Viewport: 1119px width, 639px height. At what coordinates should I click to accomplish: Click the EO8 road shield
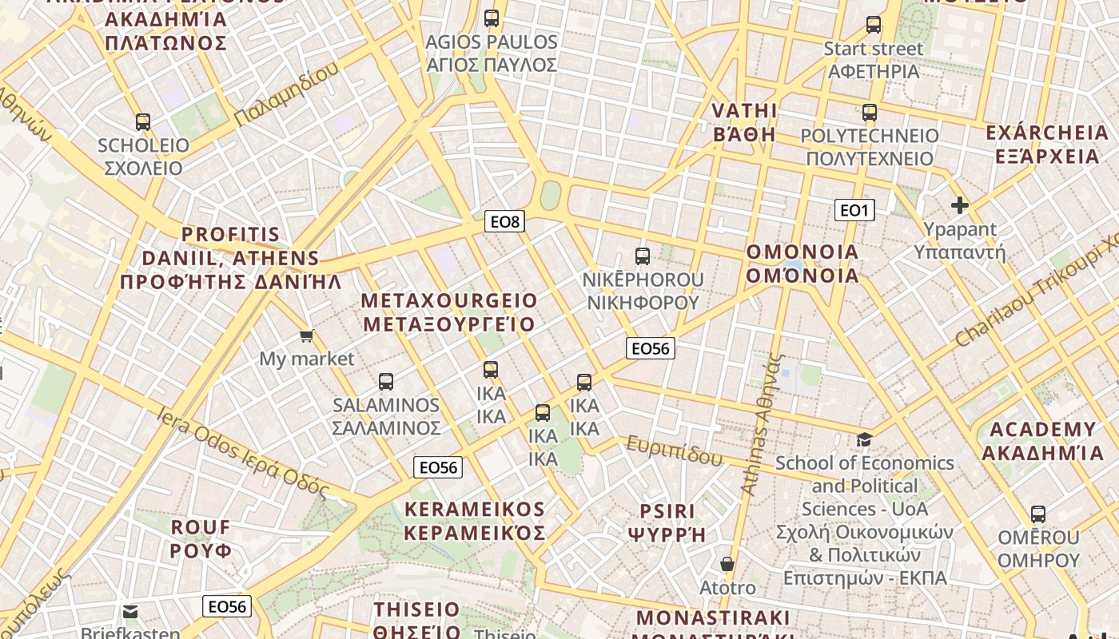504,221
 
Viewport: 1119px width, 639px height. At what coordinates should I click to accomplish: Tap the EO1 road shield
854,210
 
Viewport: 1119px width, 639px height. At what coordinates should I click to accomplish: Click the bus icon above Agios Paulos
492,18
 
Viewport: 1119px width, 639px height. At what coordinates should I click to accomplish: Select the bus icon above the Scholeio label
143,122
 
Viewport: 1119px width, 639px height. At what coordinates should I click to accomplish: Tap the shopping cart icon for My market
306,336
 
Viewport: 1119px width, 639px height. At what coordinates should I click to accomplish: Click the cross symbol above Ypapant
960,205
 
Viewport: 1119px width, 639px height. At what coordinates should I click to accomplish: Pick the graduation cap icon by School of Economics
864,439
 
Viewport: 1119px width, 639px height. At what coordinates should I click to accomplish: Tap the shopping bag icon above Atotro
727,565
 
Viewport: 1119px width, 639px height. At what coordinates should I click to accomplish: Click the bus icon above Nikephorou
643,256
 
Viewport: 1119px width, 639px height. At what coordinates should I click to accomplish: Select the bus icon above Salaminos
386,382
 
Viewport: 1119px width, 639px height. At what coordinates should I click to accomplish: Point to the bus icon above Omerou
1038,514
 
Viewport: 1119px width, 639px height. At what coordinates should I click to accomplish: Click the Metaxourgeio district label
449,312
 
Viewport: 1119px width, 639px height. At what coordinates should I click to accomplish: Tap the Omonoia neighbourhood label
802,264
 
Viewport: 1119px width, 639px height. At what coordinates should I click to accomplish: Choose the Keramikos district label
475,521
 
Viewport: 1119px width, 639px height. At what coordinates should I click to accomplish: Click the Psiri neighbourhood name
667,522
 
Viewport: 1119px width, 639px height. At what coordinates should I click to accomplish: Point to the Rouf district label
201,539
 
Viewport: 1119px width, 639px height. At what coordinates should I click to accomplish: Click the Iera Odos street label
244,453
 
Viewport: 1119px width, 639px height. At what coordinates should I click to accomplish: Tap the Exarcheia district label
1047,144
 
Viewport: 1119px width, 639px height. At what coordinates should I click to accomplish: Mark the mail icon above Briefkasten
130,612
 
